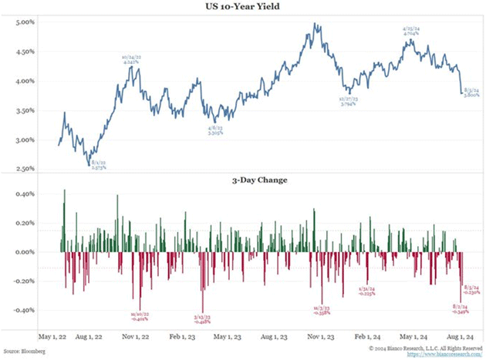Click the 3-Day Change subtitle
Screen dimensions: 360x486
(x=245, y=182)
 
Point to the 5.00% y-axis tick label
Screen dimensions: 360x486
(x=25, y=22)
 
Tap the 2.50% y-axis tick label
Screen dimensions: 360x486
(x=25, y=169)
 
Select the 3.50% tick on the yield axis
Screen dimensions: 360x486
(x=25, y=110)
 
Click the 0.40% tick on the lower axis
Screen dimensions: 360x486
(x=25, y=193)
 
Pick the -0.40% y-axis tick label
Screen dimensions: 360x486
(x=23, y=311)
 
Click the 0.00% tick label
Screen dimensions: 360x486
(x=25, y=252)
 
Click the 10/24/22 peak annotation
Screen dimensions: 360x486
(x=132, y=60)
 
